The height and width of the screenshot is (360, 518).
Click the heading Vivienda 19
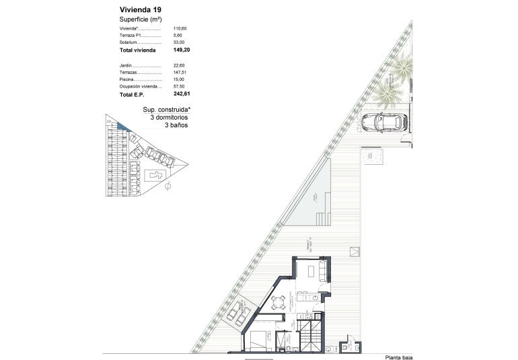pos(139,10)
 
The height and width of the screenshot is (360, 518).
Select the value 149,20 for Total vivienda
pos(181,50)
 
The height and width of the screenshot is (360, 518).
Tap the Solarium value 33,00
pos(178,42)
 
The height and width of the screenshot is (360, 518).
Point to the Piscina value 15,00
pos(178,79)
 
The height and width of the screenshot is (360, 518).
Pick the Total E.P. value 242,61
pos(181,95)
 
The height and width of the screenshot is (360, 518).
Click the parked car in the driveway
pos(381,122)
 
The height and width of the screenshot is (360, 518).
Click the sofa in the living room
pos(323,271)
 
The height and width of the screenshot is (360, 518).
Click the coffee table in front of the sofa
pos(310,271)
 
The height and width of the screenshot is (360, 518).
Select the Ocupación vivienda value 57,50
pos(178,87)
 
